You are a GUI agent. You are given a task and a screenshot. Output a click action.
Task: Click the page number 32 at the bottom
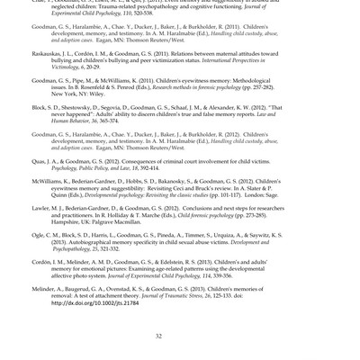[157, 335]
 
